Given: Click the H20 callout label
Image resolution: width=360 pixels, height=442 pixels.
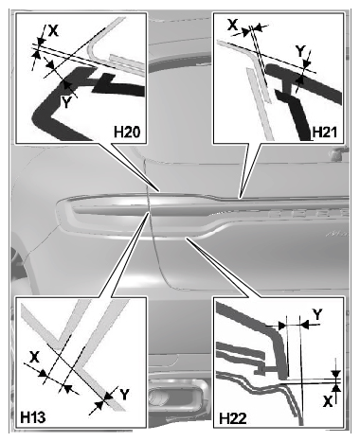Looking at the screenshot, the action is coord(127,132).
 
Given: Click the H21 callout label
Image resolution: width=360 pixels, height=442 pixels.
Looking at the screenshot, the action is coord(324,133).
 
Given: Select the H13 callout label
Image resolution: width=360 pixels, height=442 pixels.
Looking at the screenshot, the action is coord(33,417).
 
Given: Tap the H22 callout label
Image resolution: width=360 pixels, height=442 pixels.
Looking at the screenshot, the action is coord(233,418).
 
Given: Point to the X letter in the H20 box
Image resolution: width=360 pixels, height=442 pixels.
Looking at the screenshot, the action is coord(53,30).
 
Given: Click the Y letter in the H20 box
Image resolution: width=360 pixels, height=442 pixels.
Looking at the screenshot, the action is coord(65,102).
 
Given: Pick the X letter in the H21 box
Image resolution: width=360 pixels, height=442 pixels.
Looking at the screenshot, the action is coord(233,25).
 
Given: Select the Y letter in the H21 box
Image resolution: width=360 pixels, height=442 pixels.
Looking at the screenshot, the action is coord(300,51).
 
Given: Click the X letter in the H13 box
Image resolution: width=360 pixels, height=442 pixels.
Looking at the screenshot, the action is coord(34,357).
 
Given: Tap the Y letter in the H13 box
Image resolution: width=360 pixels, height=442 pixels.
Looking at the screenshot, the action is coord(125,395).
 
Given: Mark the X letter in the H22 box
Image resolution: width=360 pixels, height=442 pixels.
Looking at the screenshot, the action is coord(329,401).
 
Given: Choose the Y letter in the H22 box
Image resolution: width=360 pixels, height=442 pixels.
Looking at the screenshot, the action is coord(317,314).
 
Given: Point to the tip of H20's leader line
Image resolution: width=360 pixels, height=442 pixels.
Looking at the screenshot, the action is coord(160,191).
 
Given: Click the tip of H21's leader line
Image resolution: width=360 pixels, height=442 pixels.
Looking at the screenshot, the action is coord(240,198).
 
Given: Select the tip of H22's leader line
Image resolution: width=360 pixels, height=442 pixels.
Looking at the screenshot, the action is coord(187,239).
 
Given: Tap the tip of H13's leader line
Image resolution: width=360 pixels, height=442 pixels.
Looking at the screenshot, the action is coord(149,212).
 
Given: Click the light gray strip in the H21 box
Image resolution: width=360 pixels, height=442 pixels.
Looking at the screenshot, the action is coord(260,104).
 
